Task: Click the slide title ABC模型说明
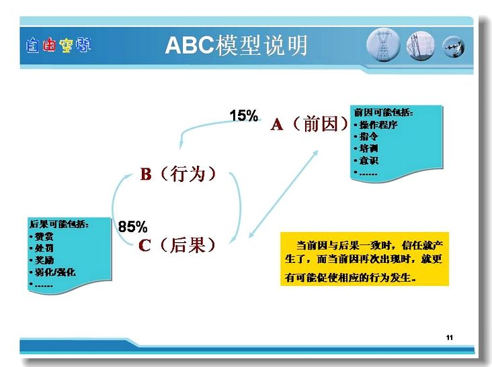pyautogui.click(x=236, y=46)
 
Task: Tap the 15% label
pyautogui.click(x=244, y=115)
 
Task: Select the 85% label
pyautogui.click(x=132, y=227)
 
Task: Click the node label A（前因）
pyautogui.click(x=310, y=124)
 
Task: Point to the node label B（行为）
pyautogui.click(x=178, y=174)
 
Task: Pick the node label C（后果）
pyautogui.click(x=177, y=245)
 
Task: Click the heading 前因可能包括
pyautogui.click(x=383, y=113)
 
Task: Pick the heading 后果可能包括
pyautogui.click(x=59, y=224)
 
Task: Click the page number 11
pyautogui.click(x=450, y=337)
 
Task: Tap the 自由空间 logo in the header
pyautogui.click(x=58, y=45)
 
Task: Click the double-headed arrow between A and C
pyautogui.click(x=284, y=194)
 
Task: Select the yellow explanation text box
pyautogui.click(x=364, y=259)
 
